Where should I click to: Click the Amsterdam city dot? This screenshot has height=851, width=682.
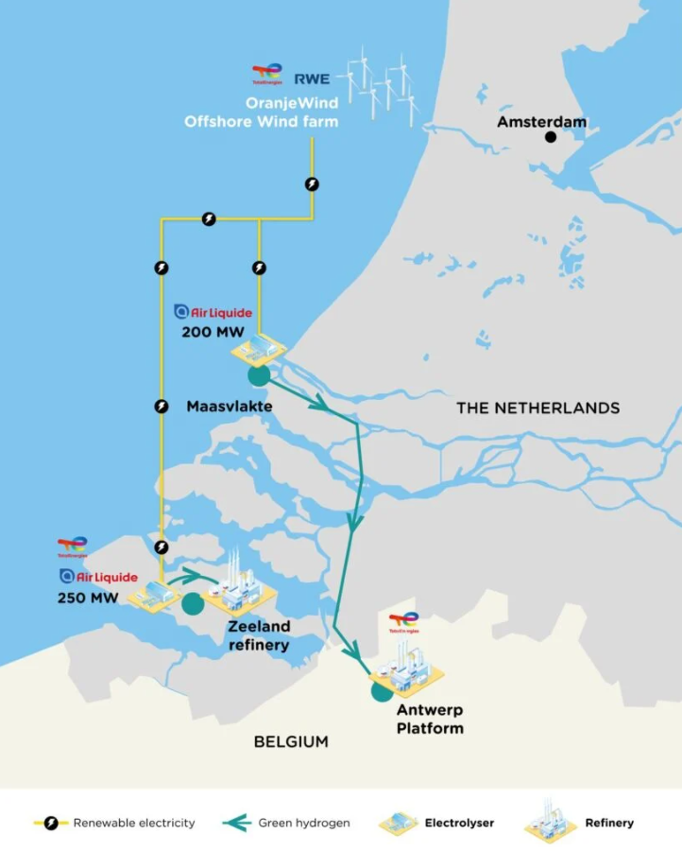pos(551,137)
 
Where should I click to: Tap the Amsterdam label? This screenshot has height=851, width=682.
pos(542,122)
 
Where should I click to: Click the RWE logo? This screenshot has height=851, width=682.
pos(312,78)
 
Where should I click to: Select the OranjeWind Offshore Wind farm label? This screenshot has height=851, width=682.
pos(261,113)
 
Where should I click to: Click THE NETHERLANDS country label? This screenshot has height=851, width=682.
pos(537,408)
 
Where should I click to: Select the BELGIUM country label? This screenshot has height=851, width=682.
pos(291,741)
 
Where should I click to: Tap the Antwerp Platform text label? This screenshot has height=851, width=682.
pos(430,719)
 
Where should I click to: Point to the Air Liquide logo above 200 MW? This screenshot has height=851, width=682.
pos(213,312)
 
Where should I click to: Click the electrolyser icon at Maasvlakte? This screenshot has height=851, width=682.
pos(259,351)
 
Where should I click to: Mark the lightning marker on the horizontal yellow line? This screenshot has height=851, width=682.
pos(209,219)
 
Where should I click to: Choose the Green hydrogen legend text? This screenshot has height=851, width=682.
pos(304,823)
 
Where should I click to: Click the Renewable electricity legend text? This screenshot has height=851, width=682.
pos(134,823)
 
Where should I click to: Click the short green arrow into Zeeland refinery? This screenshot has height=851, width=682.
pos(189,572)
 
